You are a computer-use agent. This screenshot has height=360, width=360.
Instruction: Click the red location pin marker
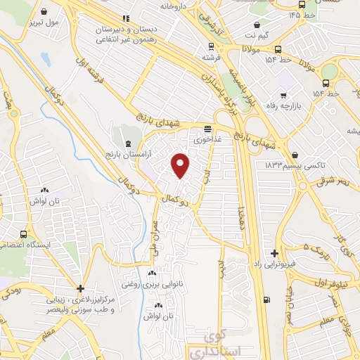coord(181,165)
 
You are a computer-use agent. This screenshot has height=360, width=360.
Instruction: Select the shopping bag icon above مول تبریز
coord(45,12)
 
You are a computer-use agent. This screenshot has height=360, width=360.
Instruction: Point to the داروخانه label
coord(176,6)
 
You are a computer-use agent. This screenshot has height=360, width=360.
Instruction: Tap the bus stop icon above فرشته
coord(207,45)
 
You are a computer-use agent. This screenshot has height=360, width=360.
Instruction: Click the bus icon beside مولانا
coord(279,49)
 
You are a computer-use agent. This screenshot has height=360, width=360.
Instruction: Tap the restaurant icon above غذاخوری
coord(207,129)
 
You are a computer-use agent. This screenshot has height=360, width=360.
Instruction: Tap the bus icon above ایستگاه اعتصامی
coord(25,234)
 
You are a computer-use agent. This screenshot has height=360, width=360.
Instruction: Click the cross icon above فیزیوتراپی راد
coord(274,253)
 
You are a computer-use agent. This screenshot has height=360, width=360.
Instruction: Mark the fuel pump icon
coord(266,300)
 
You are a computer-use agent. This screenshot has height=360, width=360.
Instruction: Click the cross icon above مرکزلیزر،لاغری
coord(81,288)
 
